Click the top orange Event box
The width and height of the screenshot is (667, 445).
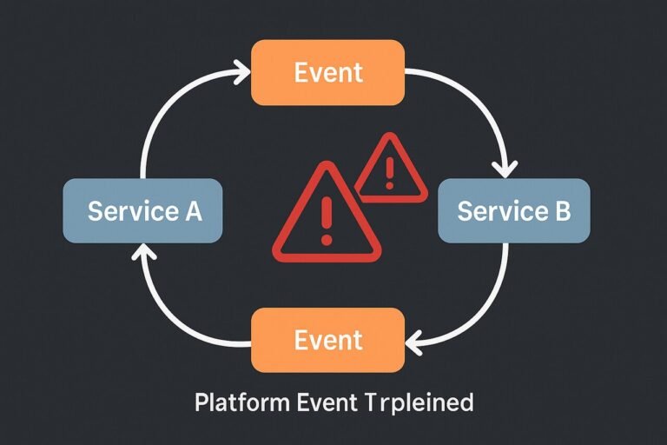point(327,73)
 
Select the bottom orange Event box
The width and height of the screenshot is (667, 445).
point(327,339)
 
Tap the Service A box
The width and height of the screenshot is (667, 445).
point(144,211)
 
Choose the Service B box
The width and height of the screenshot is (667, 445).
point(513,211)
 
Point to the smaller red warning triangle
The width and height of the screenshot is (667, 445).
point(389,170)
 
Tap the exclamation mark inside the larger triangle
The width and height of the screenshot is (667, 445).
point(327,222)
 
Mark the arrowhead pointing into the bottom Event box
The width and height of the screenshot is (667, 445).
point(413,341)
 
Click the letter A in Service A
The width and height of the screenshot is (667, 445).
point(192,211)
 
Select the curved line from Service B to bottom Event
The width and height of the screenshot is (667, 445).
point(486,304)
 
